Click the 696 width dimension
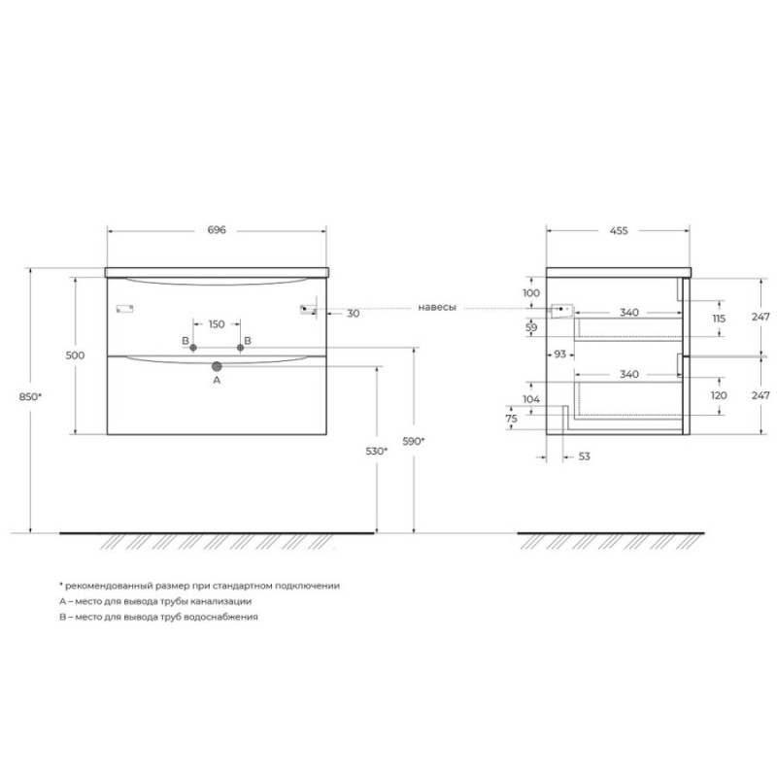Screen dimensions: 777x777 click(x=217, y=230)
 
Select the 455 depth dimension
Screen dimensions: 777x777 click(x=619, y=230)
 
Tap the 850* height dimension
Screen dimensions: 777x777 click(x=30, y=396)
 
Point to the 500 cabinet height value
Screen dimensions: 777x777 click(x=75, y=355)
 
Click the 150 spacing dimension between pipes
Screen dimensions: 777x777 click(x=217, y=324)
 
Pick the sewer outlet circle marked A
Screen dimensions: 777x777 click(x=217, y=366)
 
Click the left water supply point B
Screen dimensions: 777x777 click(x=193, y=348)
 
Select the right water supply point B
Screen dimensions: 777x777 click(x=240, y=348)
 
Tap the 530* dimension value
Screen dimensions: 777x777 click(x=377, y=451)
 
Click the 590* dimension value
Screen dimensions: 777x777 click(x=414, y=441)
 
